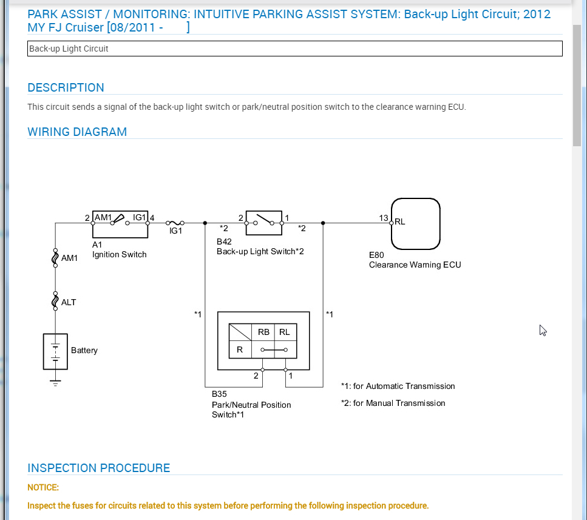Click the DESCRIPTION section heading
coord(66,87)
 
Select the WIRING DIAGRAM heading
coord(77,132)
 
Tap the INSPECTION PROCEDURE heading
coord(98,468)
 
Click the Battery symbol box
coord(55,351)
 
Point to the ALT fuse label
coord(69,302)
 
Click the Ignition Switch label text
coord(119,254)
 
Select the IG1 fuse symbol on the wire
coord(175,223)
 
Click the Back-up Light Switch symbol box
coord(263,223)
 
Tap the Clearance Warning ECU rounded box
coord(415,223)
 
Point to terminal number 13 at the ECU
coord(384,218)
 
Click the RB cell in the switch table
coord(263,332)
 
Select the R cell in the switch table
coord(240,349)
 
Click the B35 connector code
coord(219,394)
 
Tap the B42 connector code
coord(224,241)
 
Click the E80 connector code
coord(376,255)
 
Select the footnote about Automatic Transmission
coord(398,386)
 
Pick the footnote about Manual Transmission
coord(393,403)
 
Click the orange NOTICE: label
coord(43,487)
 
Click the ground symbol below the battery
coord(55,382)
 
